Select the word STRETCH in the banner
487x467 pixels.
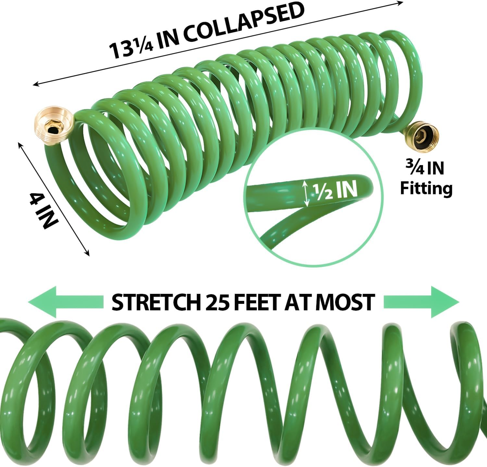pyautogui.click(x=155, y=302)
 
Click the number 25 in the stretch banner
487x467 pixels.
pyautogui.click(x=216, y=302)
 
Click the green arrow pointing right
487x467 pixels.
pyautogui.click(x=422, y=302)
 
